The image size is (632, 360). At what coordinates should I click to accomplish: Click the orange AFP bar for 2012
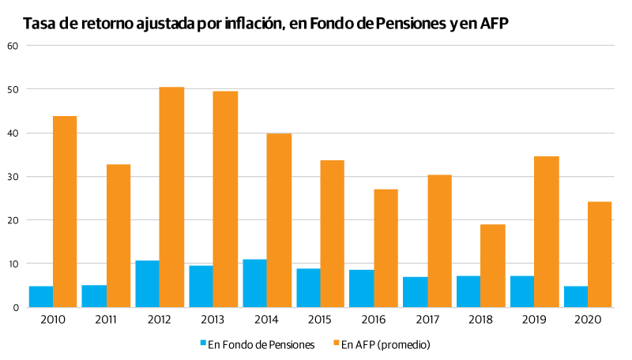(x=171, y=197)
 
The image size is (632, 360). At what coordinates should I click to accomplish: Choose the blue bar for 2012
(x=147, y=283)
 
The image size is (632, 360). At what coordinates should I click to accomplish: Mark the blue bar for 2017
(x=416, y=291)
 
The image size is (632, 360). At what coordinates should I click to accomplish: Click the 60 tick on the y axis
(x=12, y=46)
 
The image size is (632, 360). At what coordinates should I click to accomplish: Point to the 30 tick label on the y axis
(x=12, y=177)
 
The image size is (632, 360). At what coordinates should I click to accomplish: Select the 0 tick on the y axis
(x=15, y=307)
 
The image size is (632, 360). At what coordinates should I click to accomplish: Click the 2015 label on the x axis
(x=320, y=320)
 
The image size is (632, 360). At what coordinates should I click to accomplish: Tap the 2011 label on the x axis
(x=106, y=320)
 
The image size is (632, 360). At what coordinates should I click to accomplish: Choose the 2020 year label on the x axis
(x=588, y=320)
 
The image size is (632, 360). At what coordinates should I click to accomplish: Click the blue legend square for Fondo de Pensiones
(x=203, y=343)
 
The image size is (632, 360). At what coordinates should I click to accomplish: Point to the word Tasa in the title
(x=40, y=24)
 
